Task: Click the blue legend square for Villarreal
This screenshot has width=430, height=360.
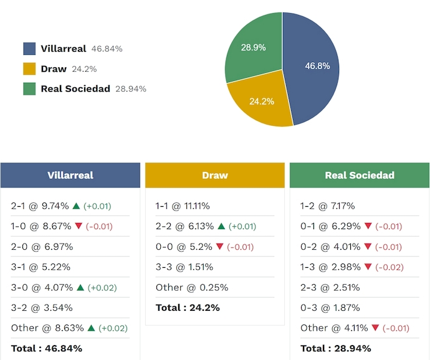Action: tap(29, 49)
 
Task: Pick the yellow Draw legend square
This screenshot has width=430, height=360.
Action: tap(29, 69)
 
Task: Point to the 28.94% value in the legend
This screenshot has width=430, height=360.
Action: tap(131, 89)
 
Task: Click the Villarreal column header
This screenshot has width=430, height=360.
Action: tap(70, 175)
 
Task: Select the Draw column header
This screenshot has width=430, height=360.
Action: tap(215, 175)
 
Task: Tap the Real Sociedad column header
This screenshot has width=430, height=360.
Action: tap(360, 175)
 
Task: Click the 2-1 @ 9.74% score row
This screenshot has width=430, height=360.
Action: tap(41, 206)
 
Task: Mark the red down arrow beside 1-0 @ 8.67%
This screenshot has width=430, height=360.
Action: tap(79, 226)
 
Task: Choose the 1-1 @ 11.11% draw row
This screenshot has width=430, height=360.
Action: tap(183, 206)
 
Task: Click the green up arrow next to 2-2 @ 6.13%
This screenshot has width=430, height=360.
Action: tap(221, 226)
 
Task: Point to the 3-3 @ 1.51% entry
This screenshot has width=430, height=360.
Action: tap(184, 267)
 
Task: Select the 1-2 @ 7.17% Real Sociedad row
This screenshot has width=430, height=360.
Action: tap(328, 206)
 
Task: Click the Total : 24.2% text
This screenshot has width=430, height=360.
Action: tap(188, 308)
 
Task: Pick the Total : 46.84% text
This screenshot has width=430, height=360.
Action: tap(47, 348)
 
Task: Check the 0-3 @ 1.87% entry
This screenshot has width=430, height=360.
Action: tap(330, 308)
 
